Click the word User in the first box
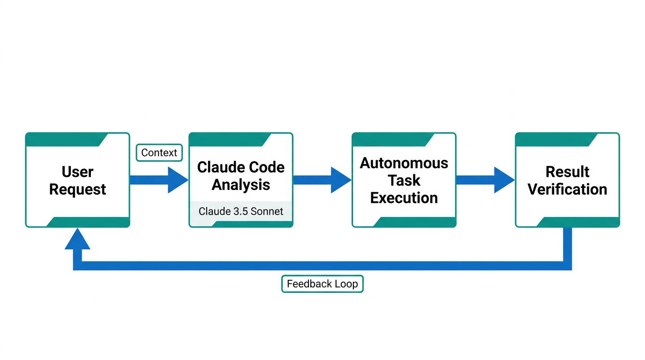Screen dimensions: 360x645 click(77, 172)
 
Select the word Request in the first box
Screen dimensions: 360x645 click(77, 189)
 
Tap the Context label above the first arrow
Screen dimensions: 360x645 click(159, 153)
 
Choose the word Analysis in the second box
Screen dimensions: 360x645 click(240, 185)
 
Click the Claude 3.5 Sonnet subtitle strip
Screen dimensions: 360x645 click(240, 211)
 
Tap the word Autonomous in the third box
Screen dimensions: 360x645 click(404, 163)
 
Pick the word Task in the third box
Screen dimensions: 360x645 click(404, 180)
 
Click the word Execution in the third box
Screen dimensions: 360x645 click(404, 198)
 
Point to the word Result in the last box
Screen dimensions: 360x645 click(567, 172)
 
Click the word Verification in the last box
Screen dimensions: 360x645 click(567, 189)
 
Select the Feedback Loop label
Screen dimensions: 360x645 click(322, 284)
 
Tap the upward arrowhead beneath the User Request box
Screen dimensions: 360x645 click(77, 240)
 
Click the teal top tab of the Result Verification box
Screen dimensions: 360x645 click(553, 139)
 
